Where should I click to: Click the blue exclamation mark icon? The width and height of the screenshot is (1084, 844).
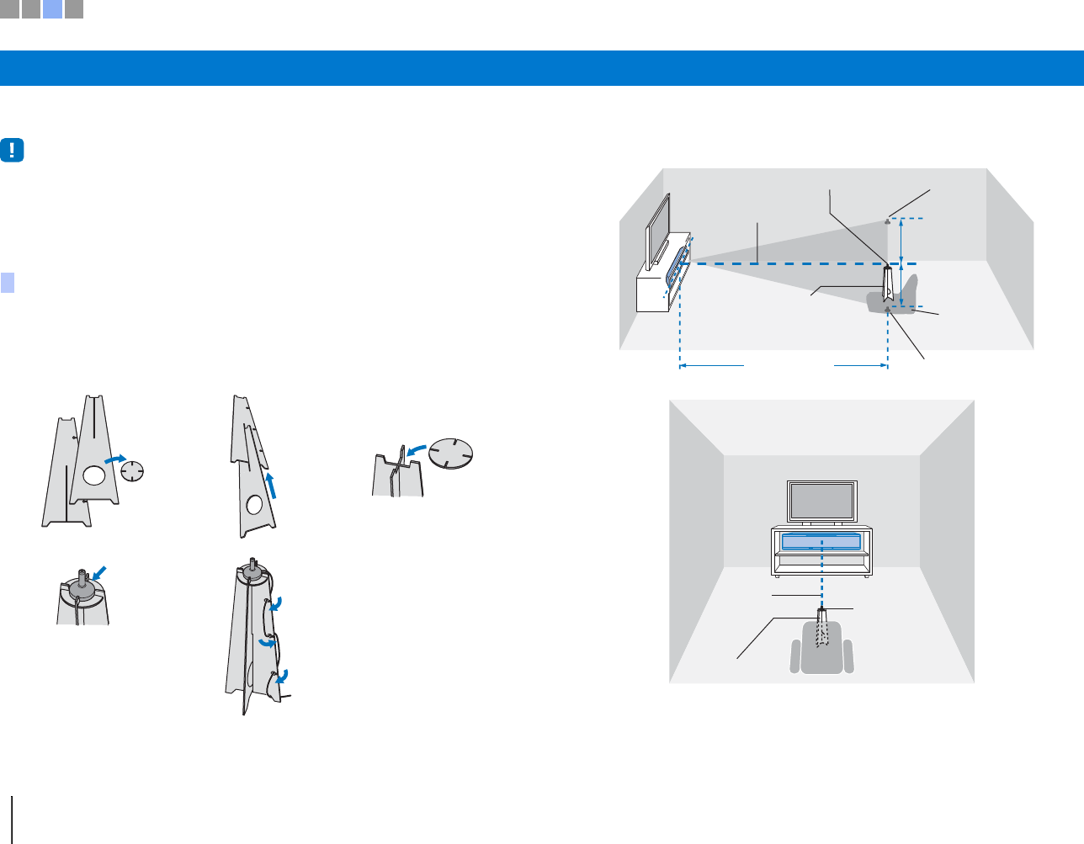13,151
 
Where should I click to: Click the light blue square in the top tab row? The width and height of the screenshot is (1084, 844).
52,9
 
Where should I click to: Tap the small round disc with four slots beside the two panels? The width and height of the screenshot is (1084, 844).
133,470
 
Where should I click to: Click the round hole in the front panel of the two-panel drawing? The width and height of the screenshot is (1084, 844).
93,476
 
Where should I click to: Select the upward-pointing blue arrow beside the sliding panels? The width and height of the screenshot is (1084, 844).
271,486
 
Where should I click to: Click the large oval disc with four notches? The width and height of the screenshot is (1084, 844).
451,454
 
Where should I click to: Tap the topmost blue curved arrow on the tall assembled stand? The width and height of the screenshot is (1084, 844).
274,603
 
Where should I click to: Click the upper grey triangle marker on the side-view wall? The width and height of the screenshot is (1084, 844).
888,221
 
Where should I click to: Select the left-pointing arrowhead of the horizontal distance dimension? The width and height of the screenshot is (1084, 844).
684,366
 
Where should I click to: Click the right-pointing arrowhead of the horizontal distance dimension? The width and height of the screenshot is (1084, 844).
883,366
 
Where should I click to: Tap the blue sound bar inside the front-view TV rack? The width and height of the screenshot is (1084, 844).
821,541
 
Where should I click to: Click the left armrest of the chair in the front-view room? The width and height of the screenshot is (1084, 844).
795,656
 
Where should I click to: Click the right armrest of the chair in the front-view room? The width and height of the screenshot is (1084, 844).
848,656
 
